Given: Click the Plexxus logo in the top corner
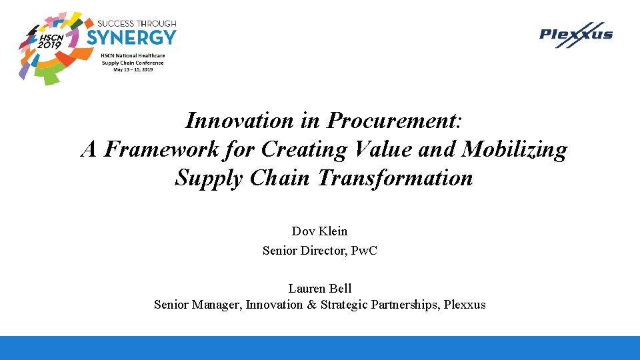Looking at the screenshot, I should coord(575,35).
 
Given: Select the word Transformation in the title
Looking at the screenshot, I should coord(395,179).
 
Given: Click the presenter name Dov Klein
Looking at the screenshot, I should coord(319,231).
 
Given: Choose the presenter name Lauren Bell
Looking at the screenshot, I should coord(319,288).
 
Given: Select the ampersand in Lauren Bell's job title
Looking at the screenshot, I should coord(312,305).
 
